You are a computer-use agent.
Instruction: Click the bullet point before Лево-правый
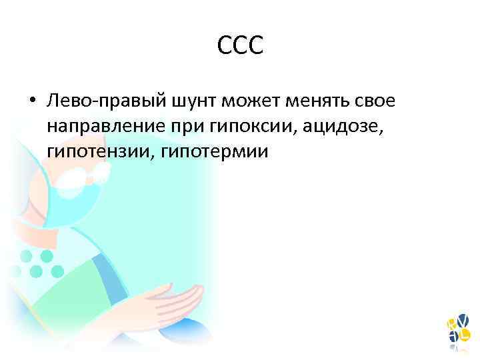point(31,101)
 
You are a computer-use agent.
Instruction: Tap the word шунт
point(194,101)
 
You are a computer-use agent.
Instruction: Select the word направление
point(109,126)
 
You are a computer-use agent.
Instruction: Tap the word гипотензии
point(97,151)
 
